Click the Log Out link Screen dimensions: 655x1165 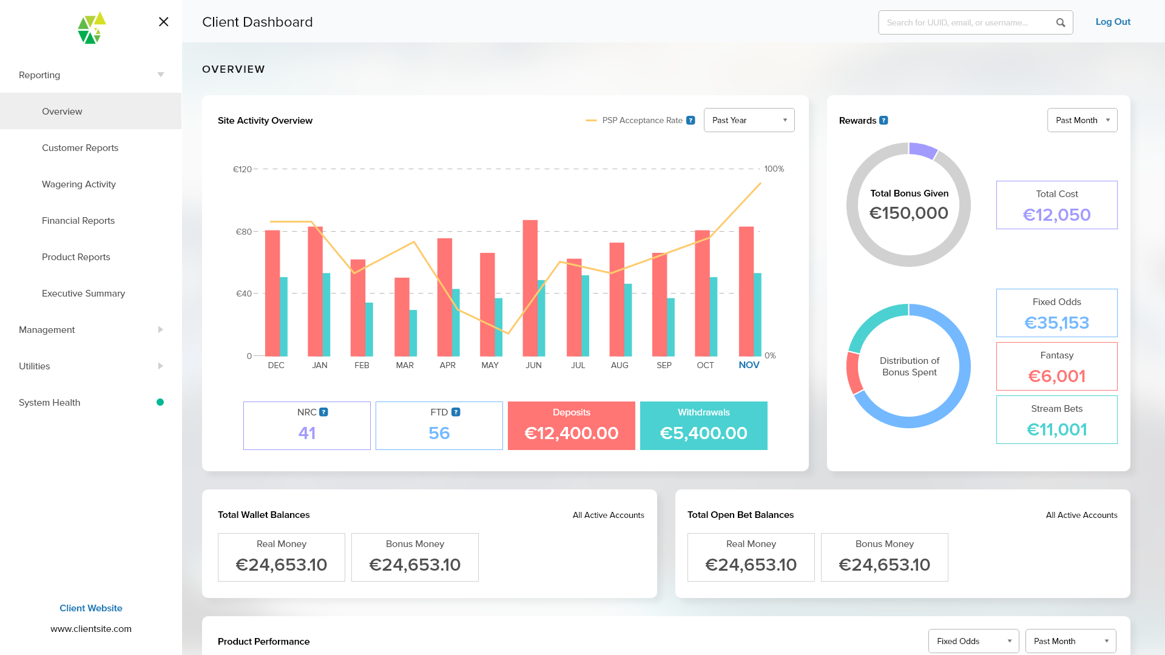click(x=1113, y=22)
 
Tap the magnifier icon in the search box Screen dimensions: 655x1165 click(x=1061, y=22)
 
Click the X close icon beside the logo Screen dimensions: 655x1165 click(x=163, y=22)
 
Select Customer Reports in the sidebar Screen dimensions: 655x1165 click(x=80, y=148)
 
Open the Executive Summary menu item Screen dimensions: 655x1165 click(x=83, y=294)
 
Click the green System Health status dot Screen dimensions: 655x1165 click(x=160, y=402)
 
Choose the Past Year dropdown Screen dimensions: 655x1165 click(x=749, y=120)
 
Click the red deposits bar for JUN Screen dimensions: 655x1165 click(x=530, y=287)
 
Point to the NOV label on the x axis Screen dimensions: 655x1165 click(x=749, y=365)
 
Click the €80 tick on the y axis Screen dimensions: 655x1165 click(x=244, y=232)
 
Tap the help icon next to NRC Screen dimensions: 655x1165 click(x=324, y=412)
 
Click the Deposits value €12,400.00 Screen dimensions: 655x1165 click(x=571, y=433)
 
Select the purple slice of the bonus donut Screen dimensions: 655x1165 click(x=923, y=150)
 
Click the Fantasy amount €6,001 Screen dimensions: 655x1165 click(x=1056, y=376)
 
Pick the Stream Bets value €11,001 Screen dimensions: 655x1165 click(x=1056, y=429)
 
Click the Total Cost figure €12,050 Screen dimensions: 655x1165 click(x=1056, y=215)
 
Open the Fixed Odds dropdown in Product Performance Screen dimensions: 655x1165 click(x=973, y=641)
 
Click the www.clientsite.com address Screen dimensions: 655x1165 click(x=91, y=629)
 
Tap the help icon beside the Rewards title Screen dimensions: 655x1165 click(x=884, y=121)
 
